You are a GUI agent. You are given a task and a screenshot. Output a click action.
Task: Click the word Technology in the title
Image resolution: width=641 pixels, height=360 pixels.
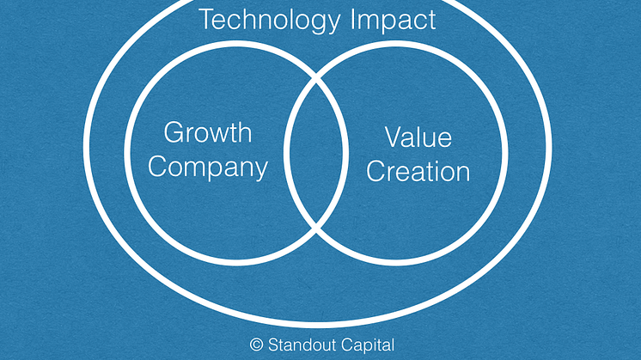270,21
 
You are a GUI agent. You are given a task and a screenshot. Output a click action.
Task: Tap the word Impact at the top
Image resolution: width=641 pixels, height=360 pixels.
394,21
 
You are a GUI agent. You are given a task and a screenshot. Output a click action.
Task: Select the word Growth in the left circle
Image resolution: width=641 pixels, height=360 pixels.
208,132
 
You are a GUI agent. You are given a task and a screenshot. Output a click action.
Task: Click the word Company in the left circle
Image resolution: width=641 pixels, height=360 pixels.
208,168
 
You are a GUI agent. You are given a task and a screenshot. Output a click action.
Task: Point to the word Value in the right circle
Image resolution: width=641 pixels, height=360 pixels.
418,137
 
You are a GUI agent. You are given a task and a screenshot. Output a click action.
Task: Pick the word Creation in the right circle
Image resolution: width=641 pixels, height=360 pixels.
418,171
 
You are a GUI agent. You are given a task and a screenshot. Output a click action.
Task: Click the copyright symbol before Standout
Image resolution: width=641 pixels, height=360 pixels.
256,345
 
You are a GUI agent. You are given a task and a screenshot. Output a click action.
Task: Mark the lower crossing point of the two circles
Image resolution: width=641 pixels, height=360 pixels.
316,228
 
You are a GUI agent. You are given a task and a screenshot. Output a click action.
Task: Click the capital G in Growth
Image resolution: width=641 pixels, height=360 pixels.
174,132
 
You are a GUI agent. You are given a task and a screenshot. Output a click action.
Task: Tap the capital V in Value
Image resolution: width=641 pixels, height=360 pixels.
394,137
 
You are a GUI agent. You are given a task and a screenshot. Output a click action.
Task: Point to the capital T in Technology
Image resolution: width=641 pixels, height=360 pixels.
207,19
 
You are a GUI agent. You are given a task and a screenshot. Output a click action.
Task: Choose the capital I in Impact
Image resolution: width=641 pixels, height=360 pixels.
353,19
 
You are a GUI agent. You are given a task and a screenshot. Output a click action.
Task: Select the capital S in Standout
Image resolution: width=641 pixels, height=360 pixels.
274,345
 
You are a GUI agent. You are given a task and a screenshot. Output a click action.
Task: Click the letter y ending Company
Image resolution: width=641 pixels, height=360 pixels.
261,171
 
